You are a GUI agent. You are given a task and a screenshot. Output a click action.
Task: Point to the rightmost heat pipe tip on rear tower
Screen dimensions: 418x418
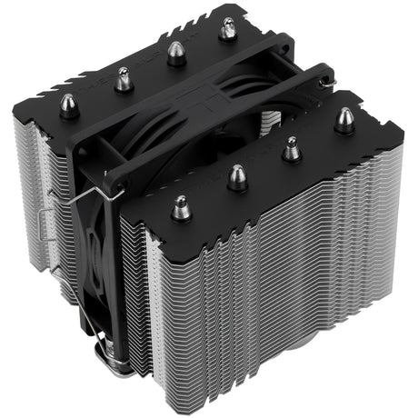coord(223,27)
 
